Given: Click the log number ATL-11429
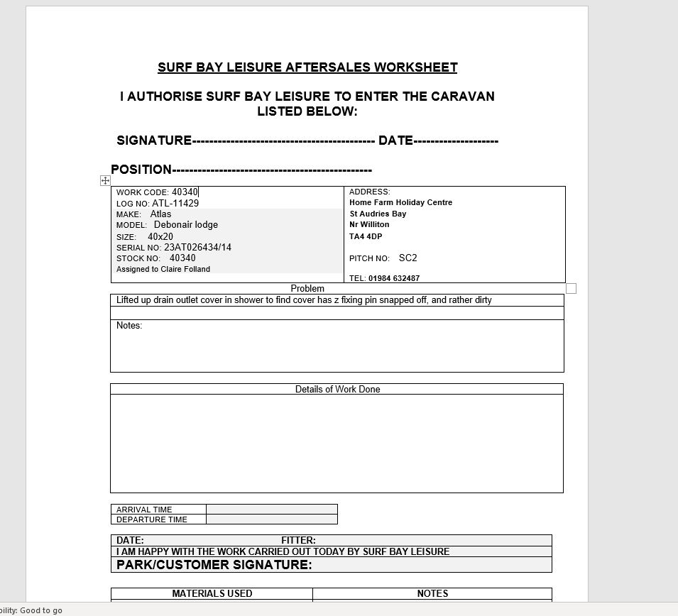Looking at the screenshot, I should pos(175,204).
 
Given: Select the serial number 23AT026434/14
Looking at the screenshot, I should pos(197,248).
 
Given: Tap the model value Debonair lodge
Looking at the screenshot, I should pos(186,225).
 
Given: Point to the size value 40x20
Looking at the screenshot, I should pos(160,236).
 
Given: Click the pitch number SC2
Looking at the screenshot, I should pos(408,258).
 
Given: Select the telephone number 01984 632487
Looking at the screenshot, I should pos(394,278).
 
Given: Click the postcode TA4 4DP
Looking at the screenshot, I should pos(366,236).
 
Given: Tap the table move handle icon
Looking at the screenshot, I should pos(105,181).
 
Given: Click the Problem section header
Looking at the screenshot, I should pos(307,289).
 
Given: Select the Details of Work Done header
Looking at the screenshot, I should pos(337,390).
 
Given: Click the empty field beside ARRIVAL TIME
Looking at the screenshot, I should pos(271,510).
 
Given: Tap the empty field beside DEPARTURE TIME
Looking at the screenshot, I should pos(271,519).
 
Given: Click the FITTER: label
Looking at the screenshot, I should pos(298,540).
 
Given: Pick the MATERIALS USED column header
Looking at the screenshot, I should pos(212,593).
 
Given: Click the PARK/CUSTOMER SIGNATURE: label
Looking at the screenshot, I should pos(214,565).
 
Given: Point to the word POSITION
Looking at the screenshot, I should pos(141,170).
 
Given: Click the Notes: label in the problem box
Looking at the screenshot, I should pos(129,326).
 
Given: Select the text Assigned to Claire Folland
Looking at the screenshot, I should pos(163,269).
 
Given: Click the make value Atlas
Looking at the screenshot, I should pos(160,214).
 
